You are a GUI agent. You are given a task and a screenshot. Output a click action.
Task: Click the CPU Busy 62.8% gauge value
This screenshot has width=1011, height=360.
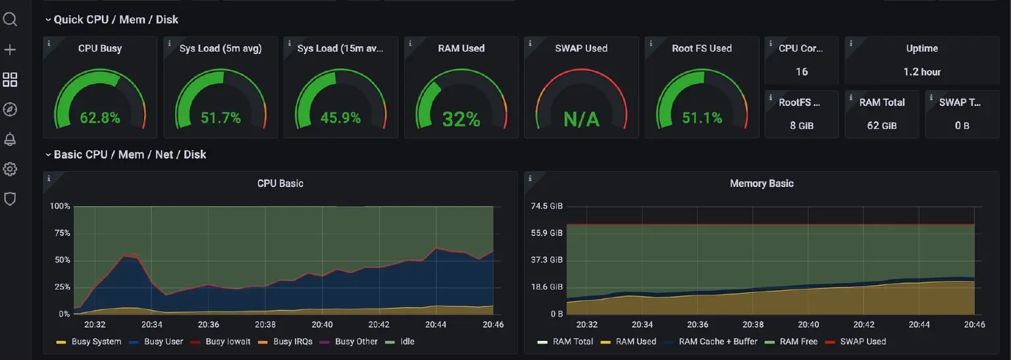(100, 118)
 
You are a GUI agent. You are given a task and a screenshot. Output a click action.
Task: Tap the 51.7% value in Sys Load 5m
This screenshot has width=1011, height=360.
(220, 118)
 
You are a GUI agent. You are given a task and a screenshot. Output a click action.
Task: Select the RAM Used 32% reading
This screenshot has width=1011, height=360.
(461, 119)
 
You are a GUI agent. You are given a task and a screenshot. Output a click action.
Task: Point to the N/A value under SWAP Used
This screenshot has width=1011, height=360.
(581, 119)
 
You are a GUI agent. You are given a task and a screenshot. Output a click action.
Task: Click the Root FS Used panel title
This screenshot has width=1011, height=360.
(702, 48)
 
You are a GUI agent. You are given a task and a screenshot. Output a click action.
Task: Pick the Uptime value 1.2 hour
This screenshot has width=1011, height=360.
(921, 72)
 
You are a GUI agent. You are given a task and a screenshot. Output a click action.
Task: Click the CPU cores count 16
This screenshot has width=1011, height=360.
(801, 72)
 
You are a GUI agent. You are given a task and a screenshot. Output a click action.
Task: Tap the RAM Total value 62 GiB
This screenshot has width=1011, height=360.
(882, 125)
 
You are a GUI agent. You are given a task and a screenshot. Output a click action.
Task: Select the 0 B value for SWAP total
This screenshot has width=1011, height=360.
(962, 125)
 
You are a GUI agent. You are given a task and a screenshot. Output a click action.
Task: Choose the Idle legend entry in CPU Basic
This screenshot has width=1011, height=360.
(407, 342)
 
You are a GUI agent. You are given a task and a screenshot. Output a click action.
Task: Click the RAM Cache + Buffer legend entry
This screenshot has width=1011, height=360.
(718, 342)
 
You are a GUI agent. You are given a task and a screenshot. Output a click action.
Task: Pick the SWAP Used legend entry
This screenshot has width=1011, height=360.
(863, 342)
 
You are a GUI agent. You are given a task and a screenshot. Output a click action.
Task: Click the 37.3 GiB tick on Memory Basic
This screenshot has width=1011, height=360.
(547, 260)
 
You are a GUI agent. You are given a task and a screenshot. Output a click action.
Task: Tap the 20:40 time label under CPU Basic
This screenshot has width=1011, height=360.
(322, 324)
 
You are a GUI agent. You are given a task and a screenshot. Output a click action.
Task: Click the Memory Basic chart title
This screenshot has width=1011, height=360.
(762, 184)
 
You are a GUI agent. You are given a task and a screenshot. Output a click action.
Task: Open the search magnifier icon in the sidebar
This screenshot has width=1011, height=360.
(10, 19)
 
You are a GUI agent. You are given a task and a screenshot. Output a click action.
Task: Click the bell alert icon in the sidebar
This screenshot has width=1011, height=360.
(10, 139)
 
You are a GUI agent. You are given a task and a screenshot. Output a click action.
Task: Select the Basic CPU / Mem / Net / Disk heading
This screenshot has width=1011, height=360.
(130, 155)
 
